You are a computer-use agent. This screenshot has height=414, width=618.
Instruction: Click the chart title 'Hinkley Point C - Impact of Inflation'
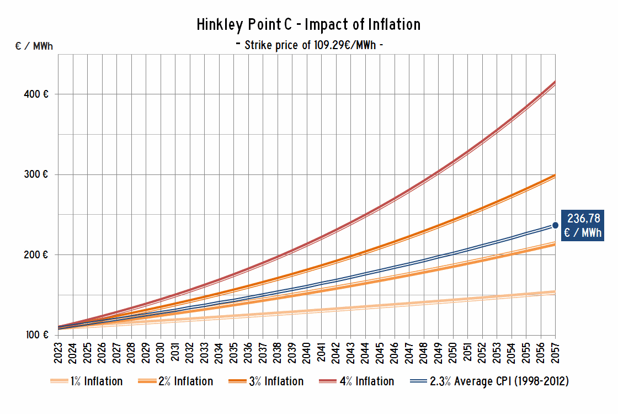[x=308, y=25]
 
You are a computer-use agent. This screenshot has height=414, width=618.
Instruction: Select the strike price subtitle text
[x=308, y=45]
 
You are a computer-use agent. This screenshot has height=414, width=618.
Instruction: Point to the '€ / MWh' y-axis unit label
[x=34, y=46]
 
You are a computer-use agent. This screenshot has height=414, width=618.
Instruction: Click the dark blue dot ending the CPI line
[x=555, y=225]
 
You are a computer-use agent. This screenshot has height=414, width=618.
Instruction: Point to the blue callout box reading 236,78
[x=583, y=225]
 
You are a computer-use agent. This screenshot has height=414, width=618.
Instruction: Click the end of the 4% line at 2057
[x=555, y=82]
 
